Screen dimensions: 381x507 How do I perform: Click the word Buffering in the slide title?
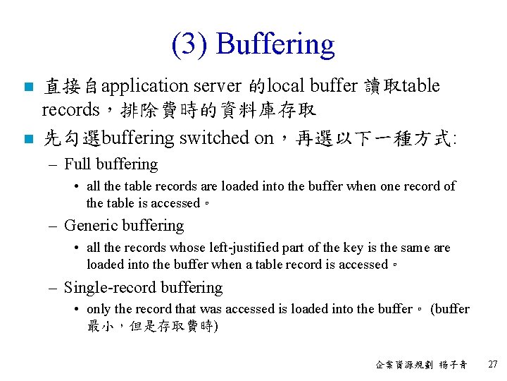(275, 45)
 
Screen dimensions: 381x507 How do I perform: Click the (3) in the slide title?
(190, 45)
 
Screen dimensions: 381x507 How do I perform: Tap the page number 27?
(492, 365)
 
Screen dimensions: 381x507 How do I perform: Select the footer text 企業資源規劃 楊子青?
(421, 365)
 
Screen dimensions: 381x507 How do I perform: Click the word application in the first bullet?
(144, 87)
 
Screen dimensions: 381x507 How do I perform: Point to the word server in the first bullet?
(217, 87)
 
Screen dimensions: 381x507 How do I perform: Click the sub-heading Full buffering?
(111, 164)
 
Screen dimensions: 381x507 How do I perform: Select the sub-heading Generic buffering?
(123, 226)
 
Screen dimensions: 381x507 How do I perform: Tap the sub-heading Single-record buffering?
(143, 288)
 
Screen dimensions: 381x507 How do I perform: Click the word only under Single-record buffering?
(99, 309)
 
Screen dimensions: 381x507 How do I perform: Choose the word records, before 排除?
(71, 110)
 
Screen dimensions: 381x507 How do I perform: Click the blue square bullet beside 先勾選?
(27, 139)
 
